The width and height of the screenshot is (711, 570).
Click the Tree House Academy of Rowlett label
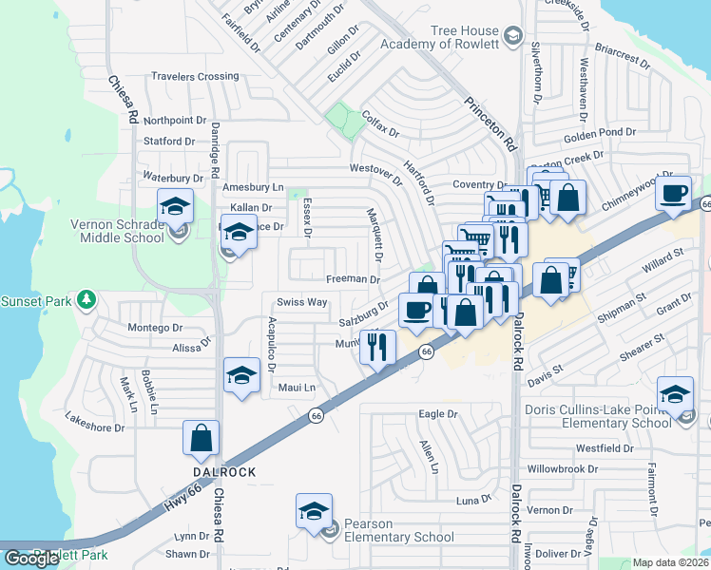[x=439, y=38]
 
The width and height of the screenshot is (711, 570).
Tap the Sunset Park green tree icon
[x=87, y=300]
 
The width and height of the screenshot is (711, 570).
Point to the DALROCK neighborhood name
[x=224, y=471]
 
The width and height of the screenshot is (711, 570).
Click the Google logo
[x=31, y=559]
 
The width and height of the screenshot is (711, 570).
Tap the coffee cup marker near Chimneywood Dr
[x=674, y=194]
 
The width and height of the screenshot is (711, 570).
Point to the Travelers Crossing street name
[x=195, y=76]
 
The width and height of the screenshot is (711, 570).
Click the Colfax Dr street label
[x=381, y=123]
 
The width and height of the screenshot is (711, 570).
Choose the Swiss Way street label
[x=302, y=301]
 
